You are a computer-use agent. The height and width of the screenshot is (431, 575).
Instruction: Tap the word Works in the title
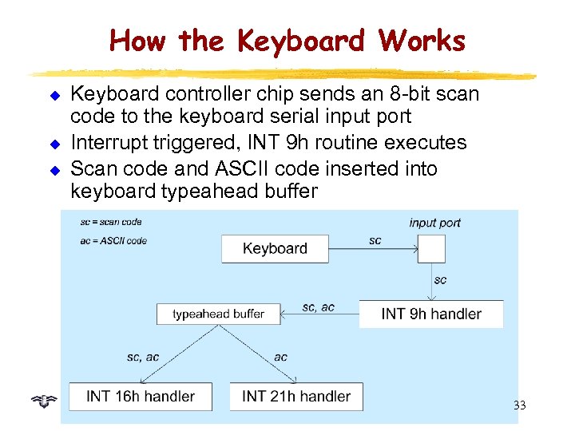(422, 40)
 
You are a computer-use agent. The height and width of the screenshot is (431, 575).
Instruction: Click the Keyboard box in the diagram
(275, 248)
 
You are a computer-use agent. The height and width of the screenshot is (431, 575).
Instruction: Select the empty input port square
(432, 248)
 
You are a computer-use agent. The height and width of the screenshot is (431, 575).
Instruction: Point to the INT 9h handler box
(431, 314)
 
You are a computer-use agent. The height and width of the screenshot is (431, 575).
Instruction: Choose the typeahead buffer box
(218, 314)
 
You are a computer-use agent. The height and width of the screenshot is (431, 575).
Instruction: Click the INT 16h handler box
(141, 397)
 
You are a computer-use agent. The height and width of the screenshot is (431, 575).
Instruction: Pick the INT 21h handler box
(296, 397)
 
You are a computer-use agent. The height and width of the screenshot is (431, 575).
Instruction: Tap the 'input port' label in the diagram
(434, 223)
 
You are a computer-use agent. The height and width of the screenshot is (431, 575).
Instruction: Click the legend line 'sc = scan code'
(111, 222)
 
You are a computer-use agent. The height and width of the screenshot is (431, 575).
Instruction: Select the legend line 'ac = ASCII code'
(113, 240)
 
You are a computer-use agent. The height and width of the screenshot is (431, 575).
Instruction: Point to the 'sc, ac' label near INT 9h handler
(318, 307)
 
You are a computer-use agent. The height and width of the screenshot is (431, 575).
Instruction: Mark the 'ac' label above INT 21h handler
(280, 357)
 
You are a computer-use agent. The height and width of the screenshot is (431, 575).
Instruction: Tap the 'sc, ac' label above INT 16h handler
(143, 357)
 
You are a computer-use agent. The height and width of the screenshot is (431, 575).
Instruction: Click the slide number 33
(519, 405)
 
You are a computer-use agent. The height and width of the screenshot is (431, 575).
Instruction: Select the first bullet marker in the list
(57, 96)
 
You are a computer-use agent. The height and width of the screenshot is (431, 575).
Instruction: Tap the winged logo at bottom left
(46, 397)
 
